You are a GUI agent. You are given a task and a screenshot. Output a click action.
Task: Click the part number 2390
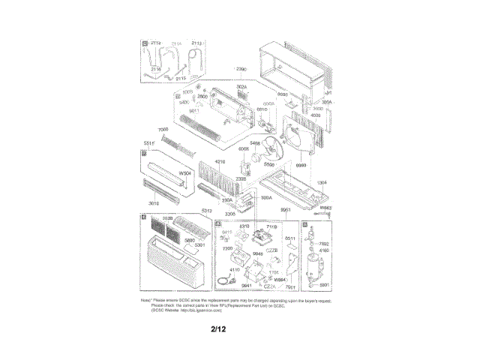pyautogui.click(x=241, y=69)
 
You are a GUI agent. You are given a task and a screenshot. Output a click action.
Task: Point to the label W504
pyautogui.click(x=184, y=175)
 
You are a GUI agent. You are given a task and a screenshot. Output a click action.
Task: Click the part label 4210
pyautogui.click(x=220, y=162)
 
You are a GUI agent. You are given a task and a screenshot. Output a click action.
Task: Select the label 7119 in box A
pyautogui.click(x=271, y=225)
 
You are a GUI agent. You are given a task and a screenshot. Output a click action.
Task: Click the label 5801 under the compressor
pyautogui.click(x=324, y=284)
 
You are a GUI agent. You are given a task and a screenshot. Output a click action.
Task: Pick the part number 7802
pyautogui.click(x=324, y=244)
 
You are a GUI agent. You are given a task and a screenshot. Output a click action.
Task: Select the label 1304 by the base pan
pyautogui.click(x=322, y=182)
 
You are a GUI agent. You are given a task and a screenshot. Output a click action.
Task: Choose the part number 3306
pyautogui.click(x=230, y=214)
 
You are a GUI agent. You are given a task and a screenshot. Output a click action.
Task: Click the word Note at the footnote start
pyautogui.click(x=146, y=300)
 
